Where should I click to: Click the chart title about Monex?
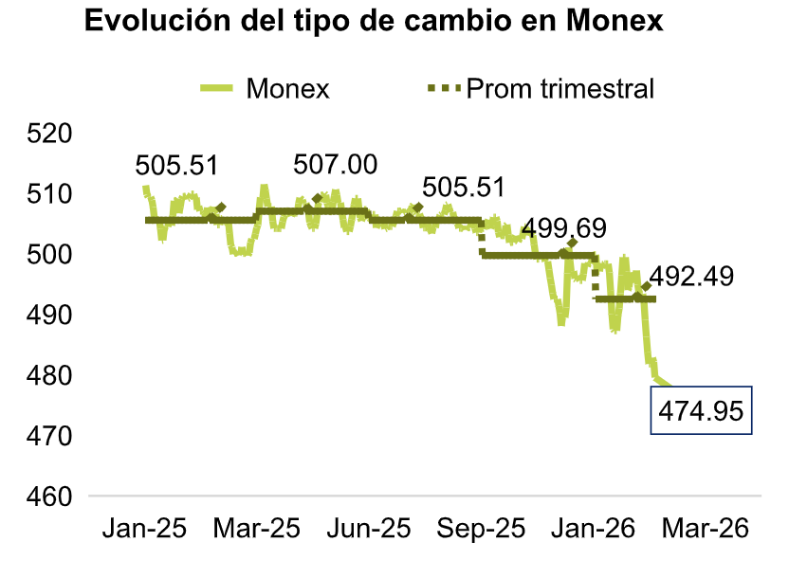[374, 22]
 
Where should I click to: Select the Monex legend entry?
[286, 89]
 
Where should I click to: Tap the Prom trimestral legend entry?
[560, 89]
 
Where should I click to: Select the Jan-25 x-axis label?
[144, 528]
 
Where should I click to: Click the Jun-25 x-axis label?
[370, 528]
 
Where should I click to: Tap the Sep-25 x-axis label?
[480, 528]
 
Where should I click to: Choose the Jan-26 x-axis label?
[593, 528]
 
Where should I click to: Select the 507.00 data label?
[335, 165]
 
